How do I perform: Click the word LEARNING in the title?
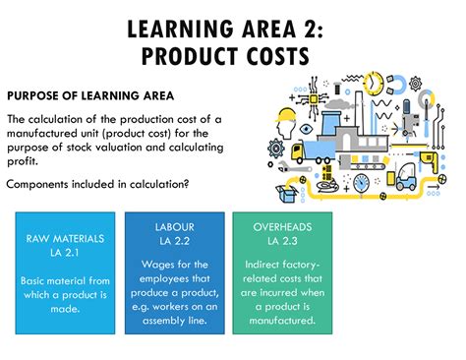(x=182, y=23)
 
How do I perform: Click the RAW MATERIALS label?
(x=64, y=239)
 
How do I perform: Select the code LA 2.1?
(x=64, y=253)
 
